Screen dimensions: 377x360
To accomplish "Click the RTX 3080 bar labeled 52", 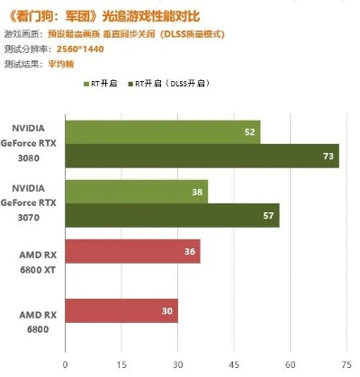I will [x=162, y=132].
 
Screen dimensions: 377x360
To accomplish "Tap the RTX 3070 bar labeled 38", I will [x=136, y=191].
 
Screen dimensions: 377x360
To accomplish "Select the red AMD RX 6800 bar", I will [x=121, y=310].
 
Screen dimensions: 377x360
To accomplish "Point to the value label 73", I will [x=328, y=156].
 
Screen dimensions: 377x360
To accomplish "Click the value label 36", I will [x=189, y=252].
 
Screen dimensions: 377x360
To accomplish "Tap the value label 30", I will [x=166, y=310].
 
